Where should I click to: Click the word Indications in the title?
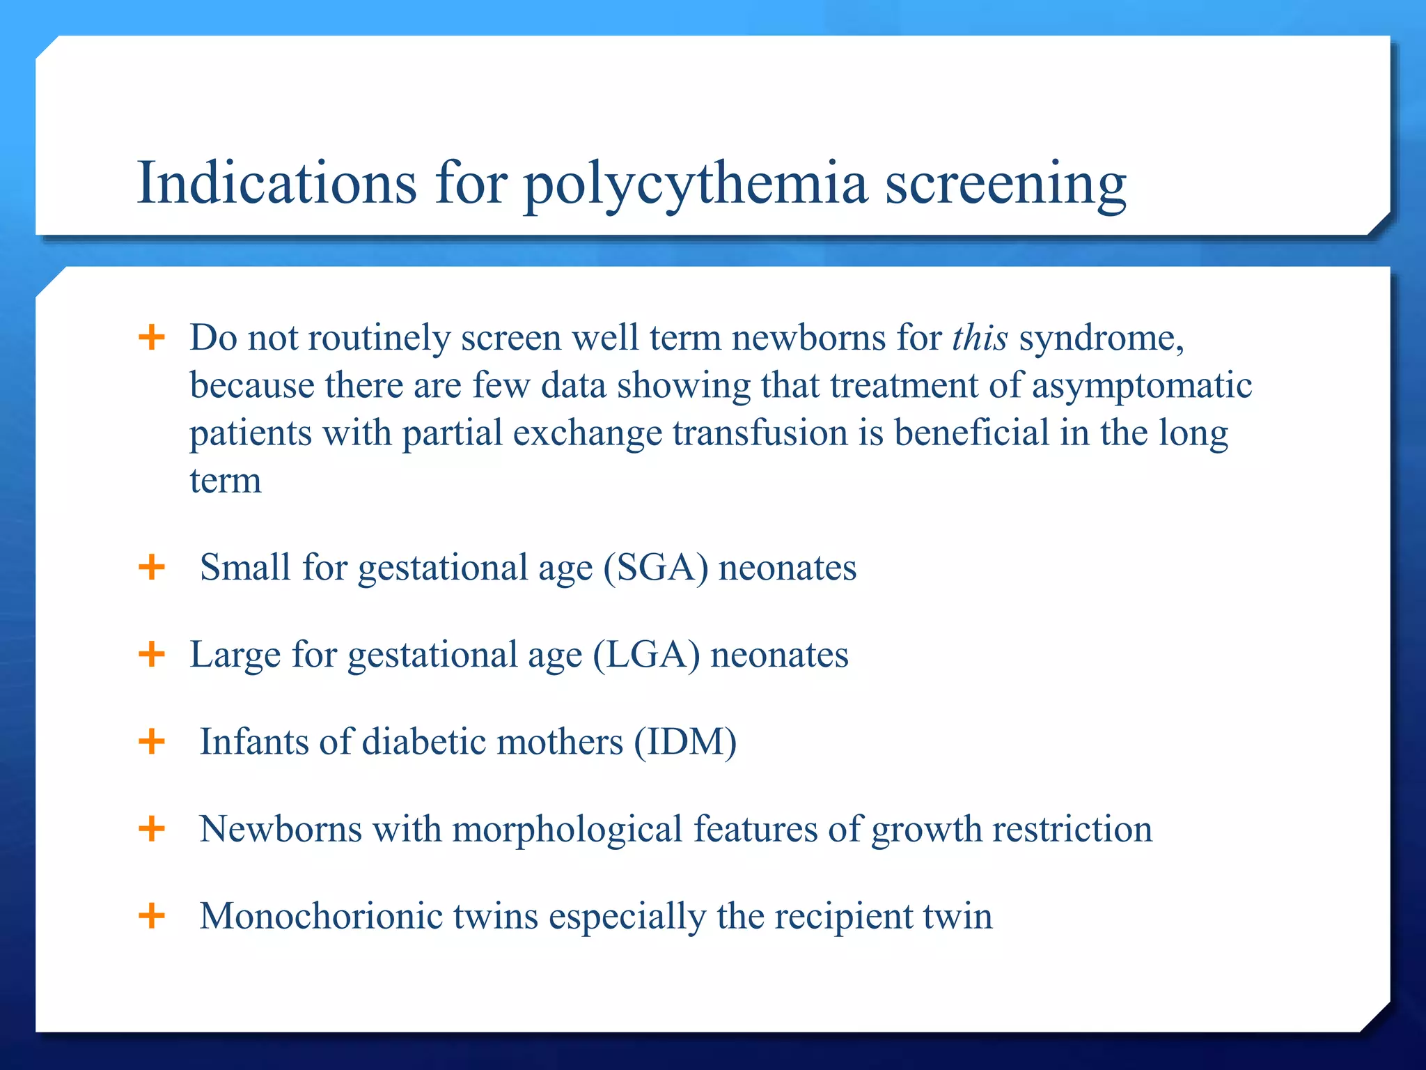click(x=276, y=183)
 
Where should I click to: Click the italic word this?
click(x=980, y=338)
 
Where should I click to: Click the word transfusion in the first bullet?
click(x=760, y=433)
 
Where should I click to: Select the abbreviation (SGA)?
click(x=655, y=567)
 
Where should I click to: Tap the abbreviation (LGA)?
click(x=646, y=655)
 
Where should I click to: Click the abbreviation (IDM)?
click(x=684, y=742)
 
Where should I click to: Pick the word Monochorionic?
click(x=321, y=916)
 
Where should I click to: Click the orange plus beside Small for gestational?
click(x=152, y=567)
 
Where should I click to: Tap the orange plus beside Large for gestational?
click(x=152, y=655)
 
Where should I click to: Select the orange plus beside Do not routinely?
click(x=152, y=338)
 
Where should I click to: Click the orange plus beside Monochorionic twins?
click(x=152, y=915)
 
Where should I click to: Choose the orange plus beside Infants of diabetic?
click(x=152, y=742)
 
